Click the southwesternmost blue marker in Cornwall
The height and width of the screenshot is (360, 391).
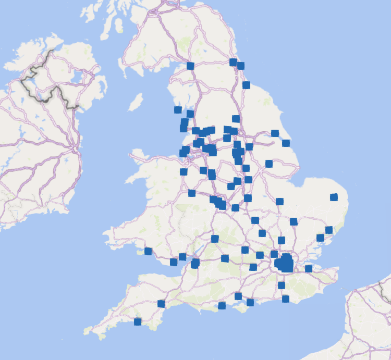pyautogui.click(x=138, y=321)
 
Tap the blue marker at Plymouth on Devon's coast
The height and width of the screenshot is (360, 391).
pyautogui.click(x=161, y=304)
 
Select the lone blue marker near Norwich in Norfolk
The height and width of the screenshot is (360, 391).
pyautogui.click(x=334, y=197)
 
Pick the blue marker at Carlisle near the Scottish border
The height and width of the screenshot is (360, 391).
pyautogui.click(x=190, y=66)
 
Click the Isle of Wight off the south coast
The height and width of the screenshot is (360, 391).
pyautogui.click(x=241, y=308)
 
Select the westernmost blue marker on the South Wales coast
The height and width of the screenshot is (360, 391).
pyautogui.click(x=148, y=251)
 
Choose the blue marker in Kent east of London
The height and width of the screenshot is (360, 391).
pyautogui.click(x=309, y=268)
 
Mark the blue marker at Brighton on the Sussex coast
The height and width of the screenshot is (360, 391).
pyautogui.click(x=285, y=299)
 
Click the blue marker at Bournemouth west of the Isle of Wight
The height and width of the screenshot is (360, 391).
pyautogui.click(x=222, y=305)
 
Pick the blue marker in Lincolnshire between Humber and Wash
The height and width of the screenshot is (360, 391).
pyautogui.click(x=269, y=164)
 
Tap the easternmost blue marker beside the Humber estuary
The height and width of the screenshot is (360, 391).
pyautogui.click(x=286, y=143)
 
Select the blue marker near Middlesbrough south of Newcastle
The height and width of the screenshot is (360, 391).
pyautogui.click(x=246, y=85)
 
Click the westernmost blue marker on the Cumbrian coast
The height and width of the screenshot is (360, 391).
pyautogui.click(x=178, y=109)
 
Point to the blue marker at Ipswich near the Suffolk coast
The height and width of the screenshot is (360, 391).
pyautogui.click(x=320, y=238)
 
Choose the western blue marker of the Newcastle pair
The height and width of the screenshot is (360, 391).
pyautogui.click(x=233, y=62)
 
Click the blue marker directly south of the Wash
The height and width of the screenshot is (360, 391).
pyautogui.click(x=279, y=201)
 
